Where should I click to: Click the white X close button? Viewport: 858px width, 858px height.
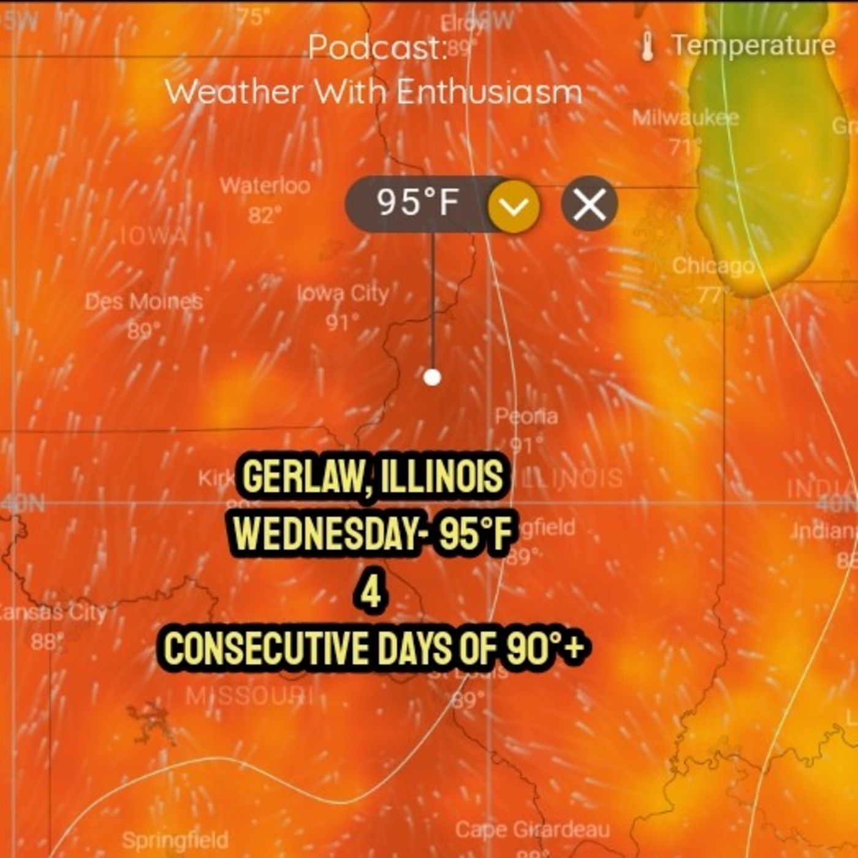(x=589, y=203)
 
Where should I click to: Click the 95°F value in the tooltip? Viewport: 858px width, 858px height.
(x=418, y=202)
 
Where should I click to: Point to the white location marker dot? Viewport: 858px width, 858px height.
(x=432, y=377)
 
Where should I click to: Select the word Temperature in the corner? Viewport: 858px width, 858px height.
(x=753, y=45)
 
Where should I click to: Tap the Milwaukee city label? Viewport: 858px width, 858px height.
(x=685, y=117)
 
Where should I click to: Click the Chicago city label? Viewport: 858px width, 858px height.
(x=713, y=266)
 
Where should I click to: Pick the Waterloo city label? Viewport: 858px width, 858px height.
(x=265, y=185)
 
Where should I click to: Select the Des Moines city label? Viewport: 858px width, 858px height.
(x=143, y=302)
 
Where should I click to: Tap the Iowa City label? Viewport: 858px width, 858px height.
(x=343, y=294)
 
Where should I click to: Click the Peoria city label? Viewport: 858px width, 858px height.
(x=526, y=417)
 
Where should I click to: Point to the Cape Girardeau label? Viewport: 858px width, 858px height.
(x=532, y=830)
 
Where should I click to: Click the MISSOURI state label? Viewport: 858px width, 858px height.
(x=249, y=696)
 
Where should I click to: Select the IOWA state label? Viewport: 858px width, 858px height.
(x=153, y=236)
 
